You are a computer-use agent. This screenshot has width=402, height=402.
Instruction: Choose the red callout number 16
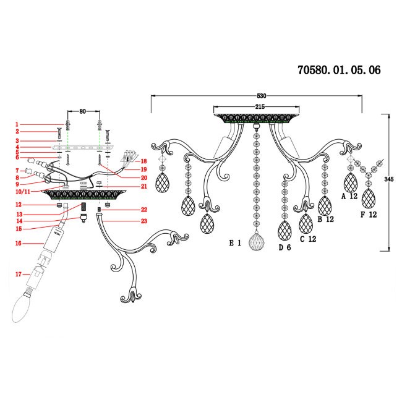point(19,244)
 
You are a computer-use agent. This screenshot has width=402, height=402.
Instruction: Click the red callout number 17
point(19,273)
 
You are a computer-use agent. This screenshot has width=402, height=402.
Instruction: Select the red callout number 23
point(143,221)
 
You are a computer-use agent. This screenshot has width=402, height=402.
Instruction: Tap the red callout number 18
point(143,161)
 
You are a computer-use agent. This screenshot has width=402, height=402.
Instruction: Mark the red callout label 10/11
point(22,192)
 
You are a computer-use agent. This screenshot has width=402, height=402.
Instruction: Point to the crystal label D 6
point(284,248)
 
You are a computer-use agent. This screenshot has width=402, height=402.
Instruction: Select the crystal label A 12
point(349,196)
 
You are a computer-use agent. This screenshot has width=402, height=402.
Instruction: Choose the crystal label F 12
point(369,215)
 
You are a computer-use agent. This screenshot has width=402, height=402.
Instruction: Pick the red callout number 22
point(143,210)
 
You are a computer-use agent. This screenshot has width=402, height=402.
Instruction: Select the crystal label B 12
point(326,220)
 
